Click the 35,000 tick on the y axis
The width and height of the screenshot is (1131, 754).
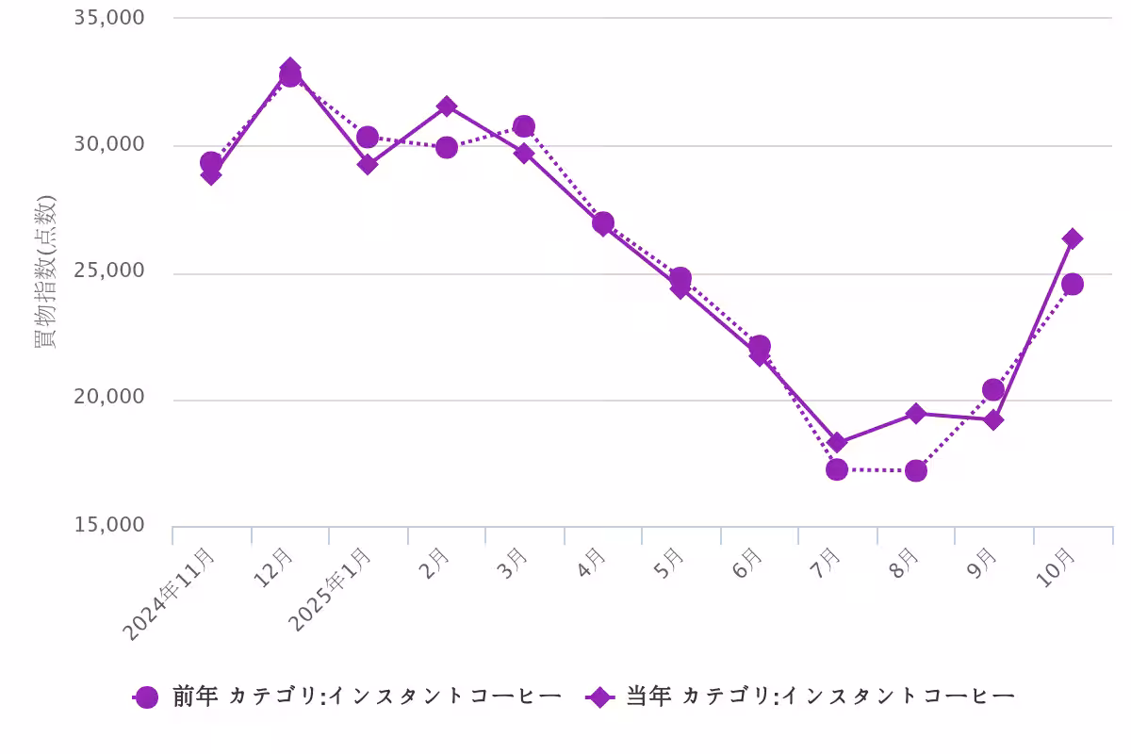click(x=109, y=18)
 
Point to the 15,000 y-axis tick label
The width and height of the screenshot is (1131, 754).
click(x=109, y=525)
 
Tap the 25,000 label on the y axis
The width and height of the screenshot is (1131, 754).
click(x=109, y=271)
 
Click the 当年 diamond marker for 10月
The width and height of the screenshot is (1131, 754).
click(x=1072, y=238)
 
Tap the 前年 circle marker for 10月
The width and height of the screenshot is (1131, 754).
click(x=1072, y=284)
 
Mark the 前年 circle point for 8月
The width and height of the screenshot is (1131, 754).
click(x=915, y=470)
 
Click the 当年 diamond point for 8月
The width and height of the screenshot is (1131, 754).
click(x=915, y=413)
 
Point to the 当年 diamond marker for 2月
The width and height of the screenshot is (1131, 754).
click(x=447, y=106)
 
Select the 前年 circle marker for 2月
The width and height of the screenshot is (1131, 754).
click(x=447, y=147)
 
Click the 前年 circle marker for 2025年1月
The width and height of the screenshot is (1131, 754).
click(x=368, y=137)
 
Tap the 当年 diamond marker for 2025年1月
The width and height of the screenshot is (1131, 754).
click(x=368, y=164)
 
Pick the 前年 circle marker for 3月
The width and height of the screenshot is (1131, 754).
click(x=524, y=126)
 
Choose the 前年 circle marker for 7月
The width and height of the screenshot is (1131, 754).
click(x=836, y=469)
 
